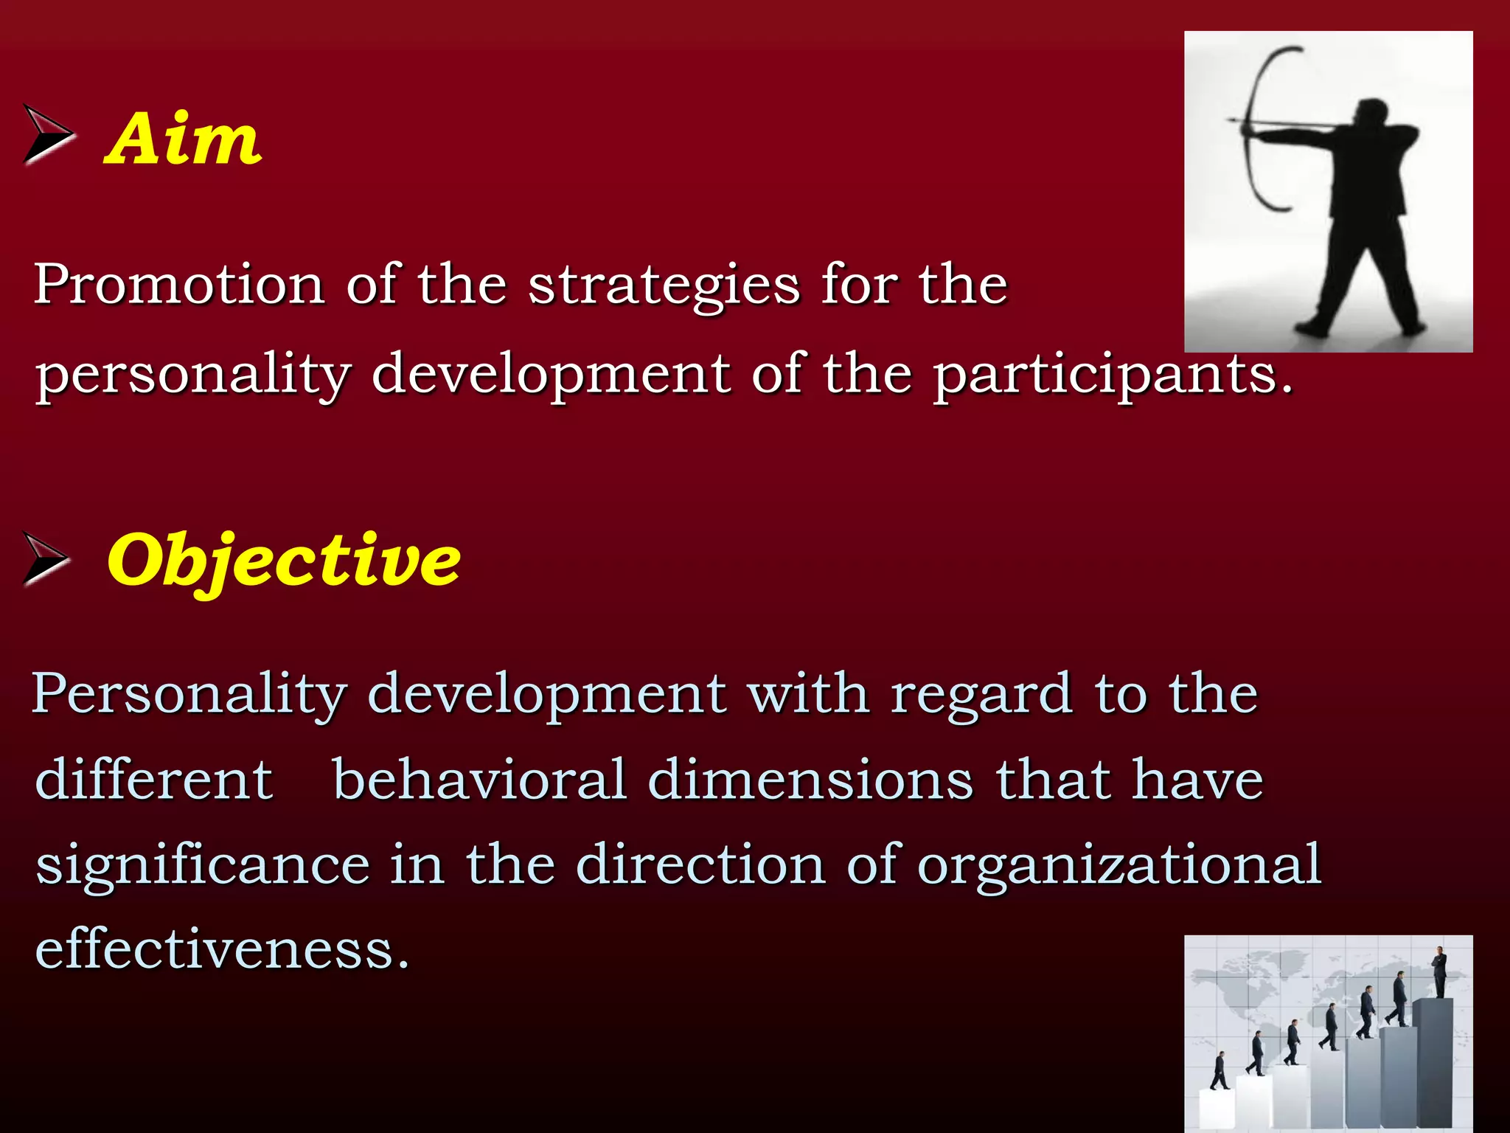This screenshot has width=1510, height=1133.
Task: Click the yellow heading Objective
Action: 284,561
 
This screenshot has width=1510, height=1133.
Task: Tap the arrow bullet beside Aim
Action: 48,134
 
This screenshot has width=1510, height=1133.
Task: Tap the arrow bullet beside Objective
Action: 46,558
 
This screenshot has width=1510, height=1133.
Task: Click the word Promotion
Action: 179,284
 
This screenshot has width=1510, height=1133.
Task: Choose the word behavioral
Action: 479,780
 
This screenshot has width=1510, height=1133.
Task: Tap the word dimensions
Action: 810,780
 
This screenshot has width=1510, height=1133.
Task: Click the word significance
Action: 203,865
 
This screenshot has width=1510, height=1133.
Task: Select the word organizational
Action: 1118,865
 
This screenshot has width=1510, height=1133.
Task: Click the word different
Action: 154,780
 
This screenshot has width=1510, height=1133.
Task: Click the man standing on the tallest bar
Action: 1439,971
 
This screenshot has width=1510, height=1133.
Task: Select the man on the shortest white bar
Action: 1220,1071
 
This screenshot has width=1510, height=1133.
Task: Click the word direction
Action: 700,865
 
